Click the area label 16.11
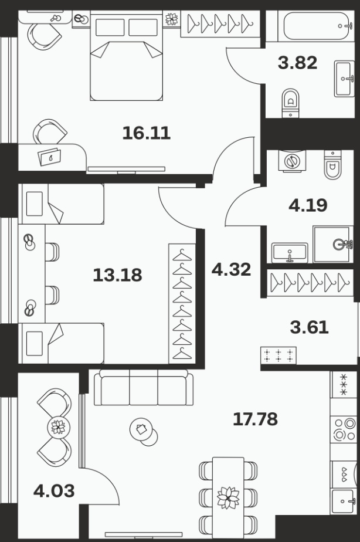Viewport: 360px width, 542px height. point(147,133)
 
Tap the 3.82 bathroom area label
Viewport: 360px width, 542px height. point(297,63)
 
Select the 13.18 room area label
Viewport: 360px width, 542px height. point(117,275)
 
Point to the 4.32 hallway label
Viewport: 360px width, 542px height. point(231,269)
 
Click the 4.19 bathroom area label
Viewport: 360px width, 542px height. point(308,205)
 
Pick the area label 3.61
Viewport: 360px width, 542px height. point(309,327)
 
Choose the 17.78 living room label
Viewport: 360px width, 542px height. point(255,419)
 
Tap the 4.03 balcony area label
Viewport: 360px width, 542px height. point(54,491)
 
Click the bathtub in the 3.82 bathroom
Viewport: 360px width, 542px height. point(318,26)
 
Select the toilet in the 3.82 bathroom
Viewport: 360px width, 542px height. point(291,103)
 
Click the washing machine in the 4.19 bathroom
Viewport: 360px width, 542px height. point(293,161)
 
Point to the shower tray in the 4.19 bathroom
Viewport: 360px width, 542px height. point(333,245)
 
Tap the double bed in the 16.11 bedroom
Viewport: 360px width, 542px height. point(127,56)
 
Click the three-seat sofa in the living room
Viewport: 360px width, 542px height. point(144,387)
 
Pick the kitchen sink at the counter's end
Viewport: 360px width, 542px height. point(343,501)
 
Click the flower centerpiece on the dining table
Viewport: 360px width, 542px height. point(228,498)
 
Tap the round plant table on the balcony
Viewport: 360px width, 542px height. point(58,426)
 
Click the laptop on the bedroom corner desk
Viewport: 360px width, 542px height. point(50,157)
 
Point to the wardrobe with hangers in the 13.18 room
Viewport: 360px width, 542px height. point(182,304)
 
